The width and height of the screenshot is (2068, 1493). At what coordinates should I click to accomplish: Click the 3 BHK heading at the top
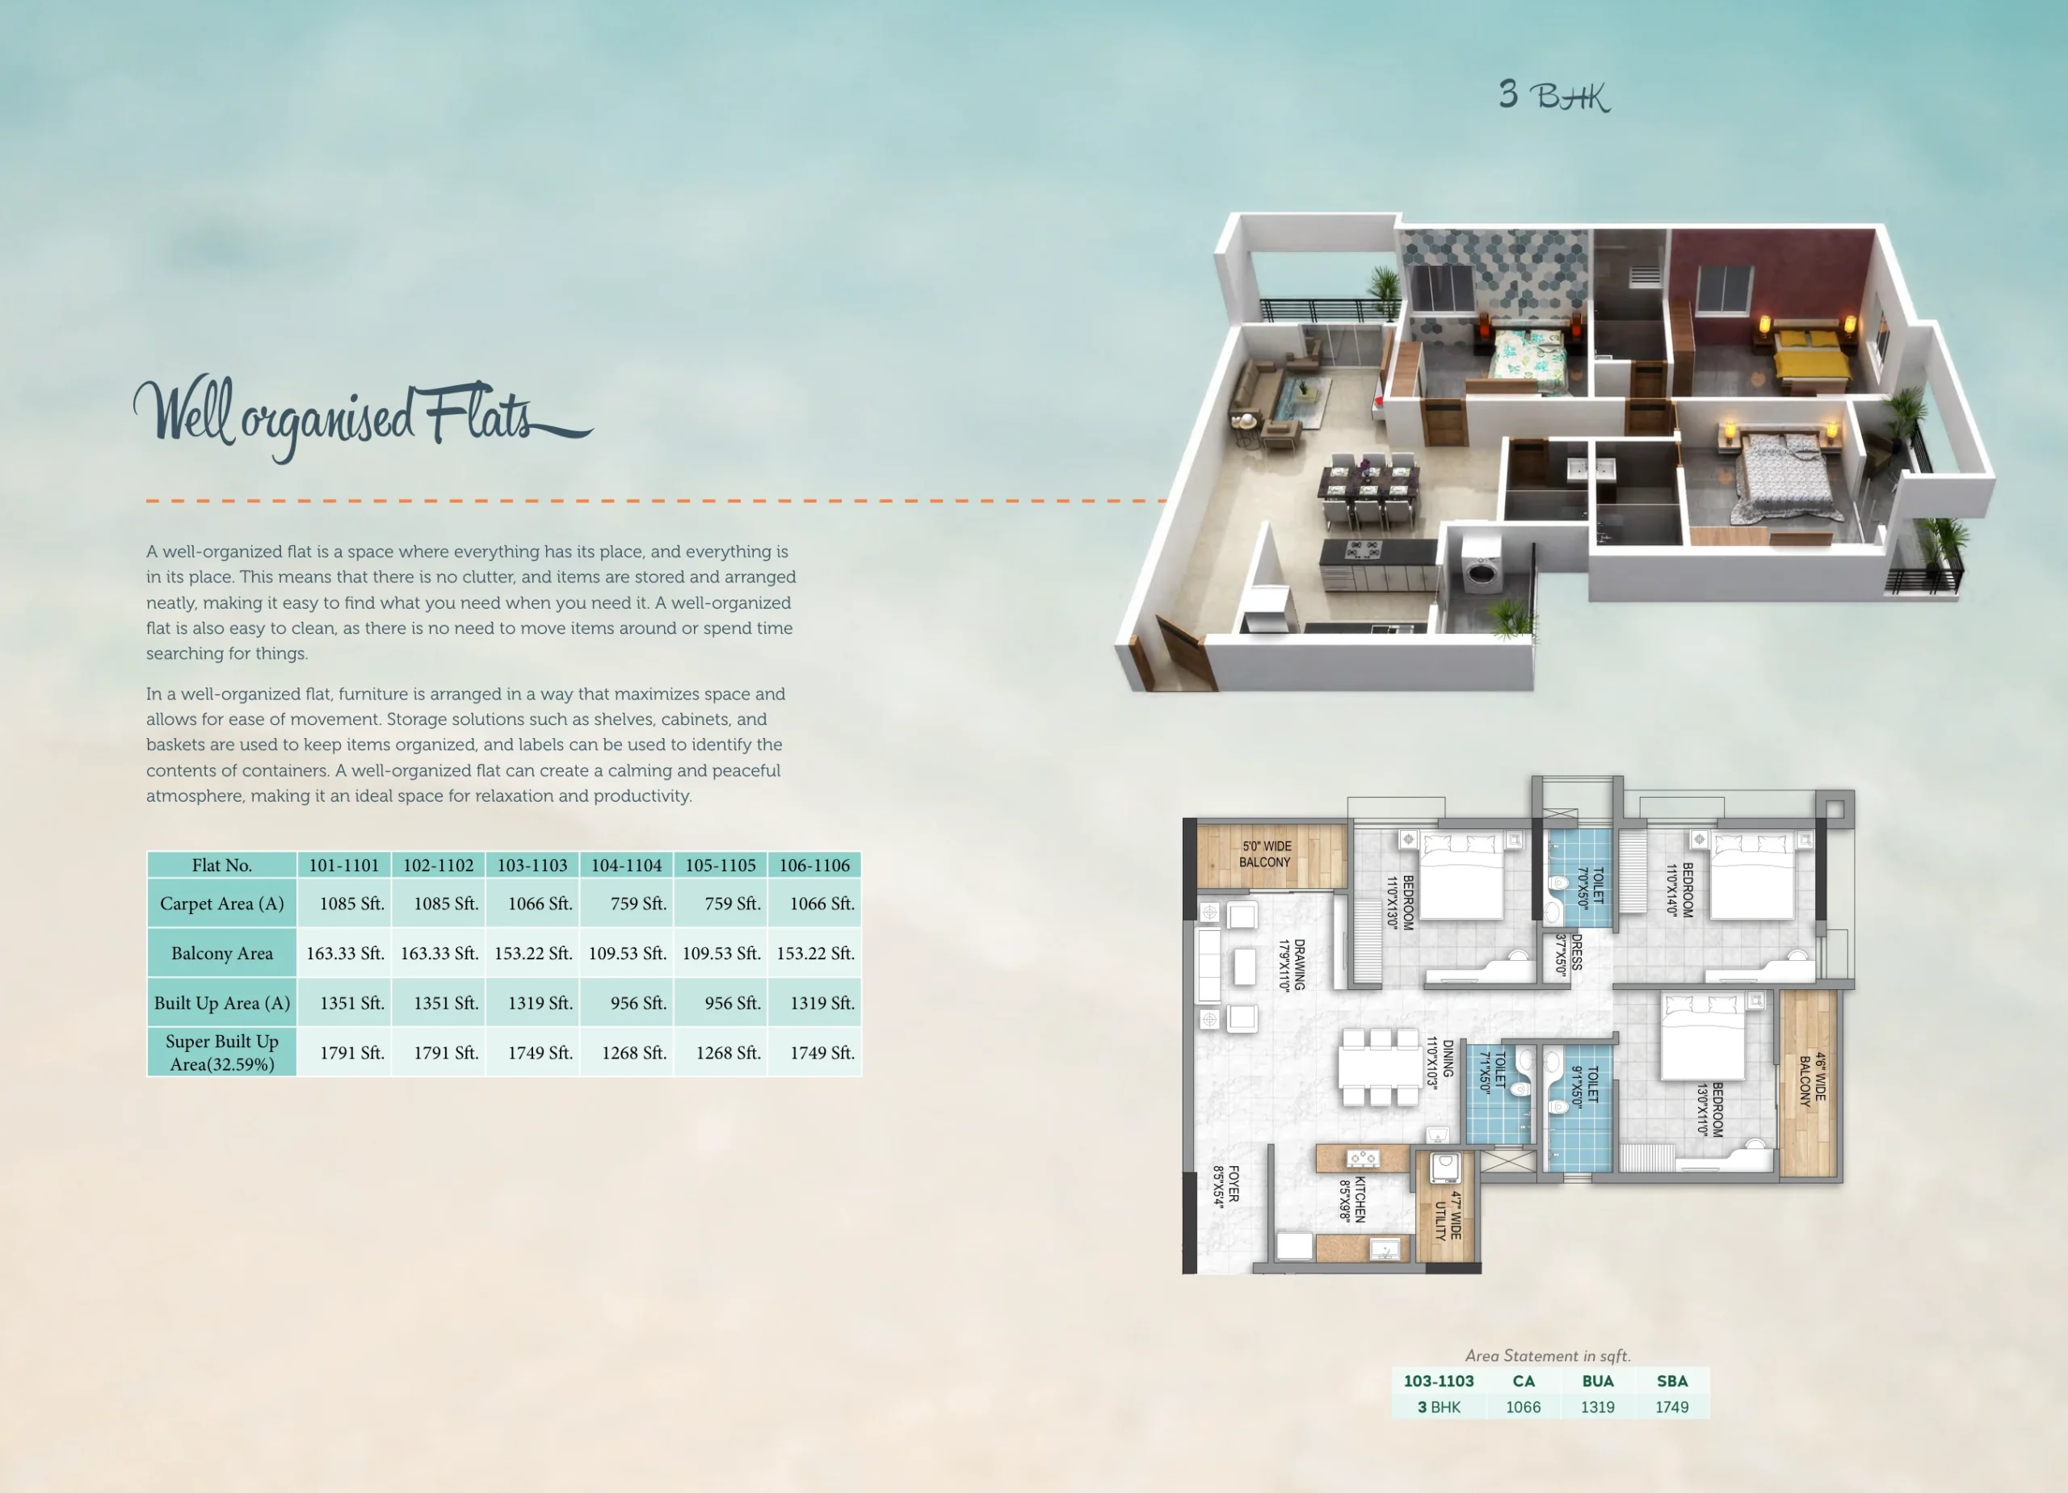1555,96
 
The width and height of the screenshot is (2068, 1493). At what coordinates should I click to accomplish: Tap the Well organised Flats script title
363,417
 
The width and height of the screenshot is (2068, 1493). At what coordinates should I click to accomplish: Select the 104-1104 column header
626,865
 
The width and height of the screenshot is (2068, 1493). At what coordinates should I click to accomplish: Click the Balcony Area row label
221,954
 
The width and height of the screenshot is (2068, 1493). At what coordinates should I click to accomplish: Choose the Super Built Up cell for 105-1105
728,1053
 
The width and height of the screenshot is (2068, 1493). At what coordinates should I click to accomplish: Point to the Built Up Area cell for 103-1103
540,1003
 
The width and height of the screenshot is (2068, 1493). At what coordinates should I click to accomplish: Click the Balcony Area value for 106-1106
815,954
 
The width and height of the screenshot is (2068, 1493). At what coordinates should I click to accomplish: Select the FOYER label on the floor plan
1226,1184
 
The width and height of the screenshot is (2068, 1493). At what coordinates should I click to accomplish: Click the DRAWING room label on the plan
1292,964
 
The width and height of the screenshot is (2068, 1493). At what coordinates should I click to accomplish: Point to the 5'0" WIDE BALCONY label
1266,854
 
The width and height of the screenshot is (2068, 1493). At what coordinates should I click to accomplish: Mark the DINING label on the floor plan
1440,1061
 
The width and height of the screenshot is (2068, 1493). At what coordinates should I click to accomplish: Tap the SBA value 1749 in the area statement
1671,1407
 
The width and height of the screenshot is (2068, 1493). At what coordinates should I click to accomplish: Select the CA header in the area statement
1523,1381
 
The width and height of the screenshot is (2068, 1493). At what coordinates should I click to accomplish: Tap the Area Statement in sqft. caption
1547,1356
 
